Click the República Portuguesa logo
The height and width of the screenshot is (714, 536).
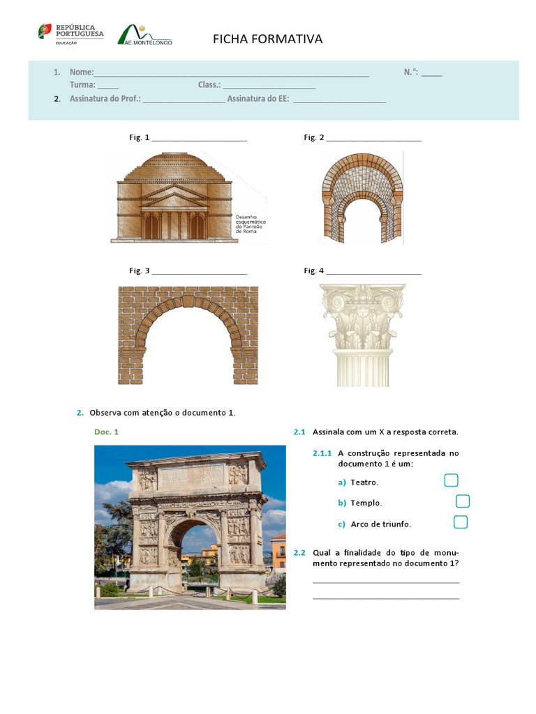(x=70, y=33)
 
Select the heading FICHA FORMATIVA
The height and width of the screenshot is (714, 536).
(x=267, y=39)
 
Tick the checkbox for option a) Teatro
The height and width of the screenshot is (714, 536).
(x=451, y=480)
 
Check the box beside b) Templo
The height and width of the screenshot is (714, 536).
(x=463, y=501)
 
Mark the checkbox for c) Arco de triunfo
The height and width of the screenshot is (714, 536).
(x=460, y=522)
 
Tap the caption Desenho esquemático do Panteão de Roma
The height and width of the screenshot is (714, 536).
(x=251, y=223)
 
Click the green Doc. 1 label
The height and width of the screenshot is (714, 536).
(x=106, y=432)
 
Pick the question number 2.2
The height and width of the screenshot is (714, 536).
(x=299, y=553)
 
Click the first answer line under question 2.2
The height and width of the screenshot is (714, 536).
(x=386, y=581)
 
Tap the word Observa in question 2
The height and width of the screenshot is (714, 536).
(x=105, y=413)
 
